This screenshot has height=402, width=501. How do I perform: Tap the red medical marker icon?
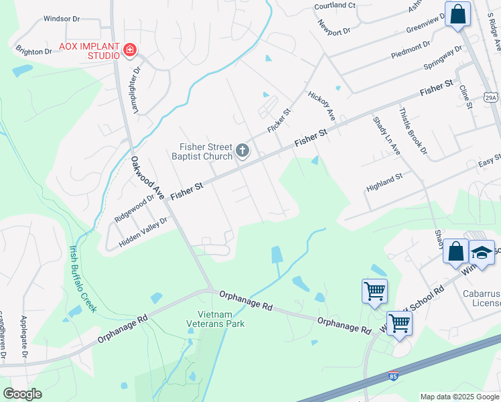(x=130, y=50)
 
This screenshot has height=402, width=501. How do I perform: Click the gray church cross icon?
(x=242, y=152)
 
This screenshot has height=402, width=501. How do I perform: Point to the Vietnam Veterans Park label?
(x=215, y=319)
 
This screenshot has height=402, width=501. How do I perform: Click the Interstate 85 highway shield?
(x=393, y=377)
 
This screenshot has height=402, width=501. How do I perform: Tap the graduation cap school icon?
(x=482, y=252)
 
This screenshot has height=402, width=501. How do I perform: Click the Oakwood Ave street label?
(x=147, y=178)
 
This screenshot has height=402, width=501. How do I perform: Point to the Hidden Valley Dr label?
(x=143, y=232)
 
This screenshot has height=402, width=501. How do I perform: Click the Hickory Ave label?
(x=321, y=105)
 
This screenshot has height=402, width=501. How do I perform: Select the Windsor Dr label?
(x=62, y=19)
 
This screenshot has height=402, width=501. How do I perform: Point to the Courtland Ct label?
(x=335, y=5)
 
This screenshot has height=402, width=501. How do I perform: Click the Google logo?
(x=23, y=393)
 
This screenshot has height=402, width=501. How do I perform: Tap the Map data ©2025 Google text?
(x=459, y=397)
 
